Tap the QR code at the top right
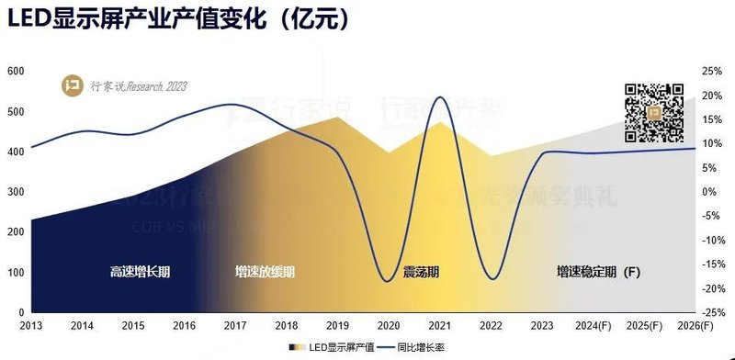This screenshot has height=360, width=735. pos(655,113)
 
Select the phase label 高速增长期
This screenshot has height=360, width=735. pos(141,272)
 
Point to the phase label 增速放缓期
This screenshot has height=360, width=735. pos(265,272)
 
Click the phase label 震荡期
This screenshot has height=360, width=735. pos(421,272)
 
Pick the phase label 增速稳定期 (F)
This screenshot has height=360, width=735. pos(597,272)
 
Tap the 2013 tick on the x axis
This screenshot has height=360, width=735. pos(31,325)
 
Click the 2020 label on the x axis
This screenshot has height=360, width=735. pos(388,325)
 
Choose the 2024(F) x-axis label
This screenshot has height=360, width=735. pos(592,325)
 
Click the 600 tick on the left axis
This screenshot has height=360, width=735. pos(15,72)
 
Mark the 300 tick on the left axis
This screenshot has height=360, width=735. pos(15,192)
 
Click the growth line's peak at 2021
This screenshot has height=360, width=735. pos(440,96)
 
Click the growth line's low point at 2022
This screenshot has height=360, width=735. pos(492,279)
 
